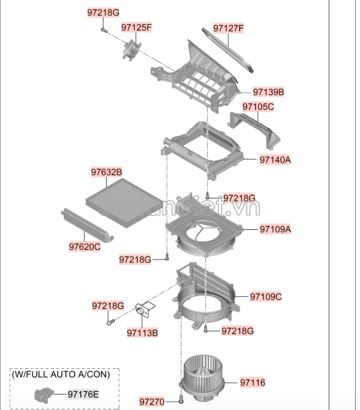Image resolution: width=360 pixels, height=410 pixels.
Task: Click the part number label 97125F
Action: (x=136, y=27)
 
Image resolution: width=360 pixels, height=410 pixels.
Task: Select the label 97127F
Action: (x=228, y=27)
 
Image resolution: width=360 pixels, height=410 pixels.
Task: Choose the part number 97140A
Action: (x=275, y=160)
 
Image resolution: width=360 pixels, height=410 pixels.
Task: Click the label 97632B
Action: (x=107, y=173)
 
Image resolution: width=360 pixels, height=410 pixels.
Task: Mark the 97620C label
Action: (x=85, y=247)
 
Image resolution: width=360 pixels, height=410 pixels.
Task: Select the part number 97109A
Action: (x=275, y=229)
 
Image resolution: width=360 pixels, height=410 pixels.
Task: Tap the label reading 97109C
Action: (x=266, y=297)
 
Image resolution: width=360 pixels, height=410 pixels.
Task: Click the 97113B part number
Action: (x=142, y=333)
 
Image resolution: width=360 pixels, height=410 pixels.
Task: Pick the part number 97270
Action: (x=152, y=402)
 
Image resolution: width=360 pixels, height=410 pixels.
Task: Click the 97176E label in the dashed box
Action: (x=84, y=394)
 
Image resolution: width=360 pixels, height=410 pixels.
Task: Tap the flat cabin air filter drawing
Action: (x=124, y=200)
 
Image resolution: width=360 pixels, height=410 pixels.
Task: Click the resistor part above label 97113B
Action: (x=146, y=310)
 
